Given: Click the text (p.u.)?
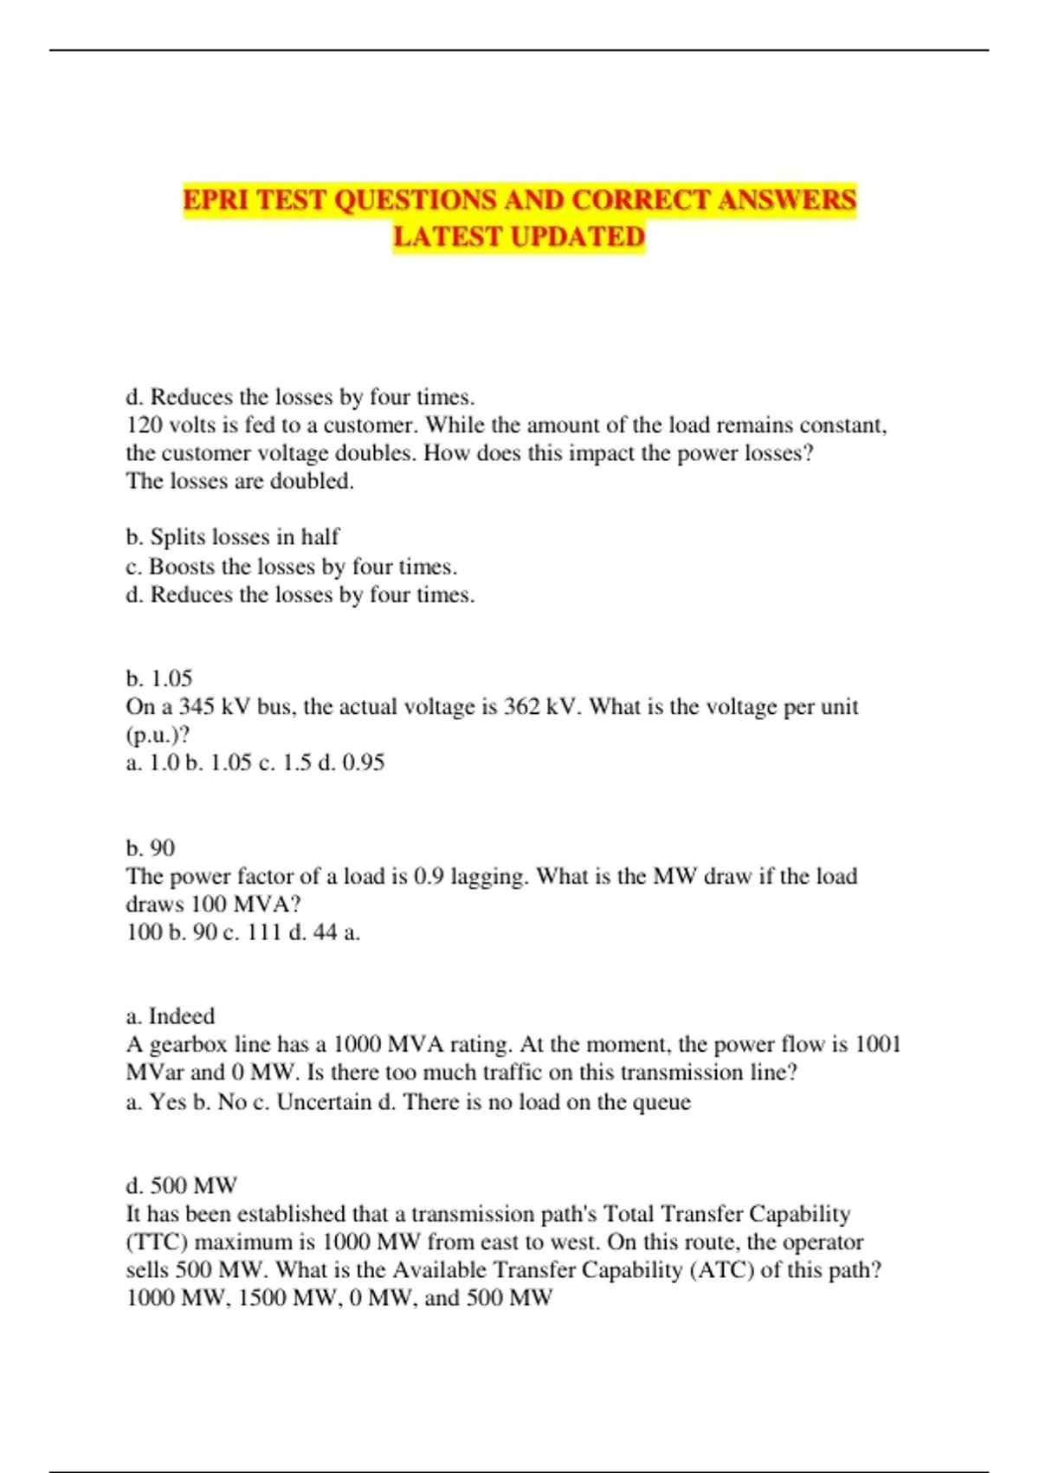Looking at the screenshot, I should point(158,735).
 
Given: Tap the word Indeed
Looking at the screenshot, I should point(182,1016).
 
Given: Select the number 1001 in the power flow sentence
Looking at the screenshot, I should point(878,1044).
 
